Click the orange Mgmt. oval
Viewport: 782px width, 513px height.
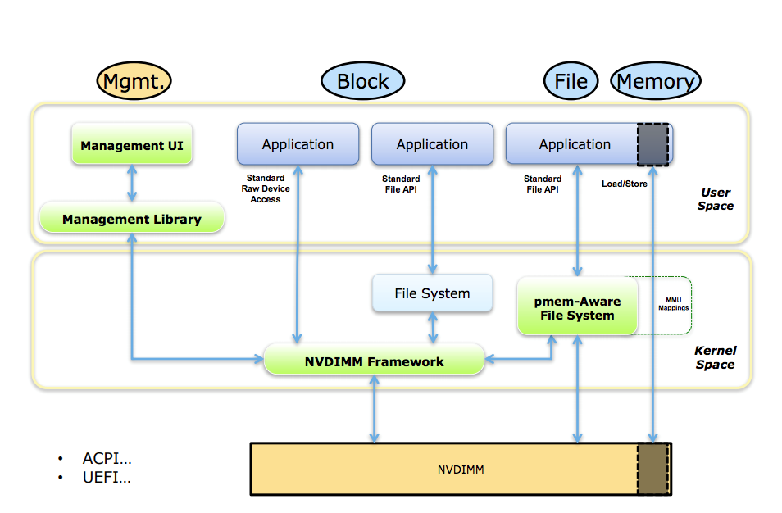click(x=134, y=81)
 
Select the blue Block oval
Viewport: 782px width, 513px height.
click(x=363, y=81)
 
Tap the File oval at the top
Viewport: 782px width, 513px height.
click(x=571, y=81)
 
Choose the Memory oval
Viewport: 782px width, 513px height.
click(x=656, y=81)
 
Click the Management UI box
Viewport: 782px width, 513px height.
click(x=132, y=146)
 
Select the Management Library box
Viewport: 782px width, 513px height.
click(x=132, y=219)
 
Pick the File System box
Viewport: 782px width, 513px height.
click(x=432, y=293)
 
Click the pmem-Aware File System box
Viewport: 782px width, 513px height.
click(x=577, y=308)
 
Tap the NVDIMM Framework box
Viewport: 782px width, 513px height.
click(x=374, y=361)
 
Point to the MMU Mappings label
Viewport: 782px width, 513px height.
click(x=673, y=304)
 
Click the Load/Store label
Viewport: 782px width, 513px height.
click(x=625, y=184)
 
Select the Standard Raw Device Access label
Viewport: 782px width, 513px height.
click(x=266, y=188)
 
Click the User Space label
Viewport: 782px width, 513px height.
click(x=715, y=199)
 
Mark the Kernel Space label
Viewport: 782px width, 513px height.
click(x=715, y=357)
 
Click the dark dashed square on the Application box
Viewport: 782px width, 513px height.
click(x=653, y=144)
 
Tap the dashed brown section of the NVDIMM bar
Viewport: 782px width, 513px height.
click(x=653, y=469)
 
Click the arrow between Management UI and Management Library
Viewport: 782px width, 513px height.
click(x=132, y=183)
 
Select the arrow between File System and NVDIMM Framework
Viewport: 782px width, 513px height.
click(x=432, y=329)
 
